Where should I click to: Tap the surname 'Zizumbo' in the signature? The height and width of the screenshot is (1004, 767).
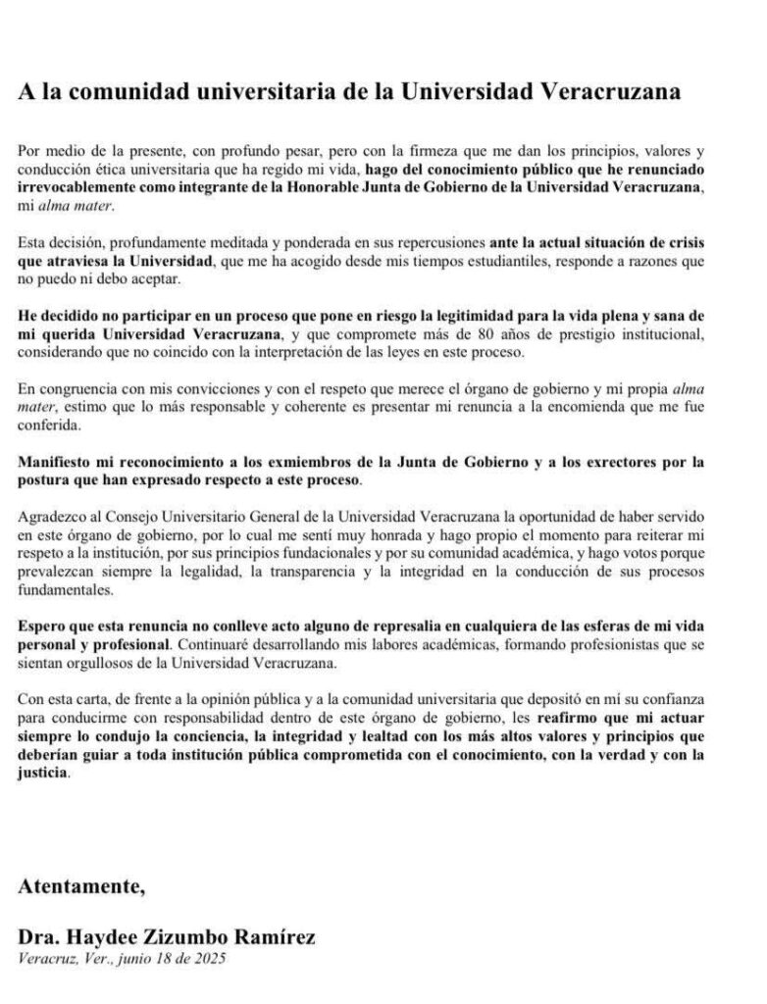[166, 938]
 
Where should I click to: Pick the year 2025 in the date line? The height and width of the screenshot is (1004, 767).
[210, 958]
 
